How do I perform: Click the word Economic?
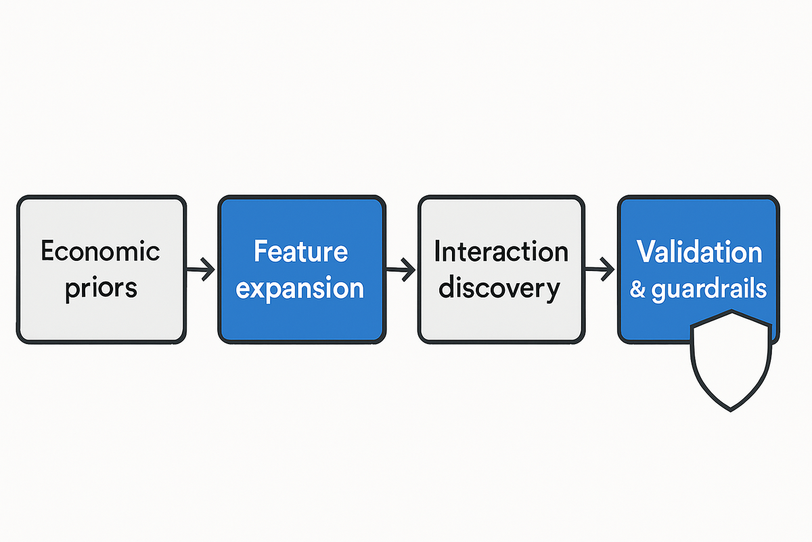(x=100, y=251)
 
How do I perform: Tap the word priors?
(x=101, y=289)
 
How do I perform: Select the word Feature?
(x=301, y=251)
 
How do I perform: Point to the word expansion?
(x=300, y=289)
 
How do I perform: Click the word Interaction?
(x=501, y=251)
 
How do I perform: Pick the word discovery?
(x=499, y=289)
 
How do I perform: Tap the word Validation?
(x=699, y=251)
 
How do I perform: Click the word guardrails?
(x=709, y=290)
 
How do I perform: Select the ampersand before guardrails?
(x=637, y=289)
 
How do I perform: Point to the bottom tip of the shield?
(x=730, y=411)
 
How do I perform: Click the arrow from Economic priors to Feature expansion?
(x=200, y=270)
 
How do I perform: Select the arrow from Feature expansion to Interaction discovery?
(x=401, y=270)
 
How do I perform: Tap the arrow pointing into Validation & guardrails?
(x=600, y=269)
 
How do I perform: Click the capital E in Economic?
(x=47, y=251)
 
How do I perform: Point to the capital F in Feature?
(x=261, y=251)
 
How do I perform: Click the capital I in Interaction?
(x=437, y=251)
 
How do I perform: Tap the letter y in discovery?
(x=553, y=292)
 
